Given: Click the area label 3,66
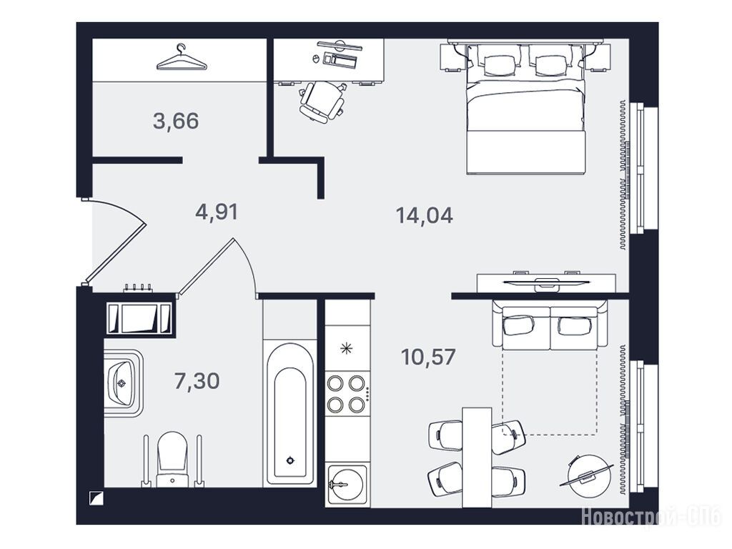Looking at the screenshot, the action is [176, 121].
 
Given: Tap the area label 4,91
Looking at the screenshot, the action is [217, 212].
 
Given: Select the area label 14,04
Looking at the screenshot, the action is [424, 215].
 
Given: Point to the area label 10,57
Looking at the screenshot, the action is [428, 357].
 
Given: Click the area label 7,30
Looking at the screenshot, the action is [197, 381].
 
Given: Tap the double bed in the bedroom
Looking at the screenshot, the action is [525, 109].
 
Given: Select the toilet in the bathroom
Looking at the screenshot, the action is [173, 459].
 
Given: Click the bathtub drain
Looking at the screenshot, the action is [290, 461].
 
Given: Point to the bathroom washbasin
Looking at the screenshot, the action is [123, 383].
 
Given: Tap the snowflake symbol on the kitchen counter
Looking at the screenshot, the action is [346, 348].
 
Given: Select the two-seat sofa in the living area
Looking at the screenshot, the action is [550, 325].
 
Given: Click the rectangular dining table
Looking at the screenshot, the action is [477, 457].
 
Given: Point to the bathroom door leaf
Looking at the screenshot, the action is [206, 267].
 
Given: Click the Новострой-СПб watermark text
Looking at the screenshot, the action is [651, 517].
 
